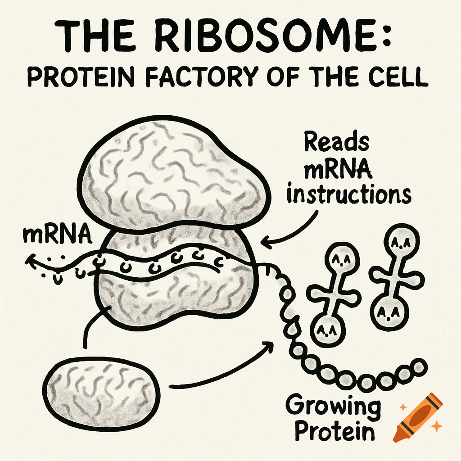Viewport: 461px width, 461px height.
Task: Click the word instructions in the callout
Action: [x=349, y=194]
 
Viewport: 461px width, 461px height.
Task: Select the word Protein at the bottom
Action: [x=334, y=431]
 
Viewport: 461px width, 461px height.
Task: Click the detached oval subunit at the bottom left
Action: [x=103, y=389]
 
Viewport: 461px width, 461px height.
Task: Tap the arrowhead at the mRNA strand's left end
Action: [x=30, y=260]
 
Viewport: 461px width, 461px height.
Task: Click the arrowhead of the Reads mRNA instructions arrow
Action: [x=266, y=243]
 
